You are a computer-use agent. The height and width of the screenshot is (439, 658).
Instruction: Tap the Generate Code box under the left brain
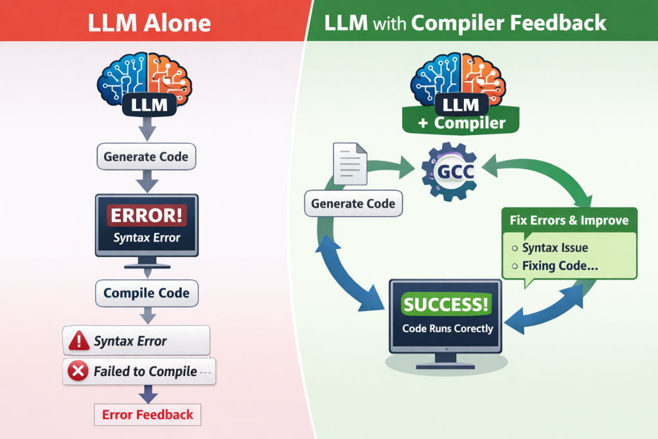pyautogui.click(x=147, y=156)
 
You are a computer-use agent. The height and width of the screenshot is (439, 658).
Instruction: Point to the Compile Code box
pyautogui.click(x=147, y=293)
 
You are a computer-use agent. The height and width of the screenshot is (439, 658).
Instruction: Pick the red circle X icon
pyautogui.click(x=78, y=371)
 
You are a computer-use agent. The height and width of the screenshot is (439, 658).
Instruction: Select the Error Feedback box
pyautogui.click(x=148, y=415)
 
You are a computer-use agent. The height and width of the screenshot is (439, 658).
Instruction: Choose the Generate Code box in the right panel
pyautogui.click(x=353, y=204)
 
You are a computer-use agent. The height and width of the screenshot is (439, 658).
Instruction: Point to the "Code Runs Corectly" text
pyautogui.click(x=447, y=328)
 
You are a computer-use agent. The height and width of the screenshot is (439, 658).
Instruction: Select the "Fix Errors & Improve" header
pyautogui.click(x=569, y=220)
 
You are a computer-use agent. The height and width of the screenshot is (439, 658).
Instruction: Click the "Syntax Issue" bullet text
pyautogui.click(x=555, y=247)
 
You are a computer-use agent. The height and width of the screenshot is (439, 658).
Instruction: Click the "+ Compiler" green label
pyautogui.click(x=461, y=123)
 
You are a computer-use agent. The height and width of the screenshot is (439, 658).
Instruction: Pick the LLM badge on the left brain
pyautogui.click(x=147, y=104)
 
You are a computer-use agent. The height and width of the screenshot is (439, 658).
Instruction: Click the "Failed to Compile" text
pyautogui.click(x=145, y=371)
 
